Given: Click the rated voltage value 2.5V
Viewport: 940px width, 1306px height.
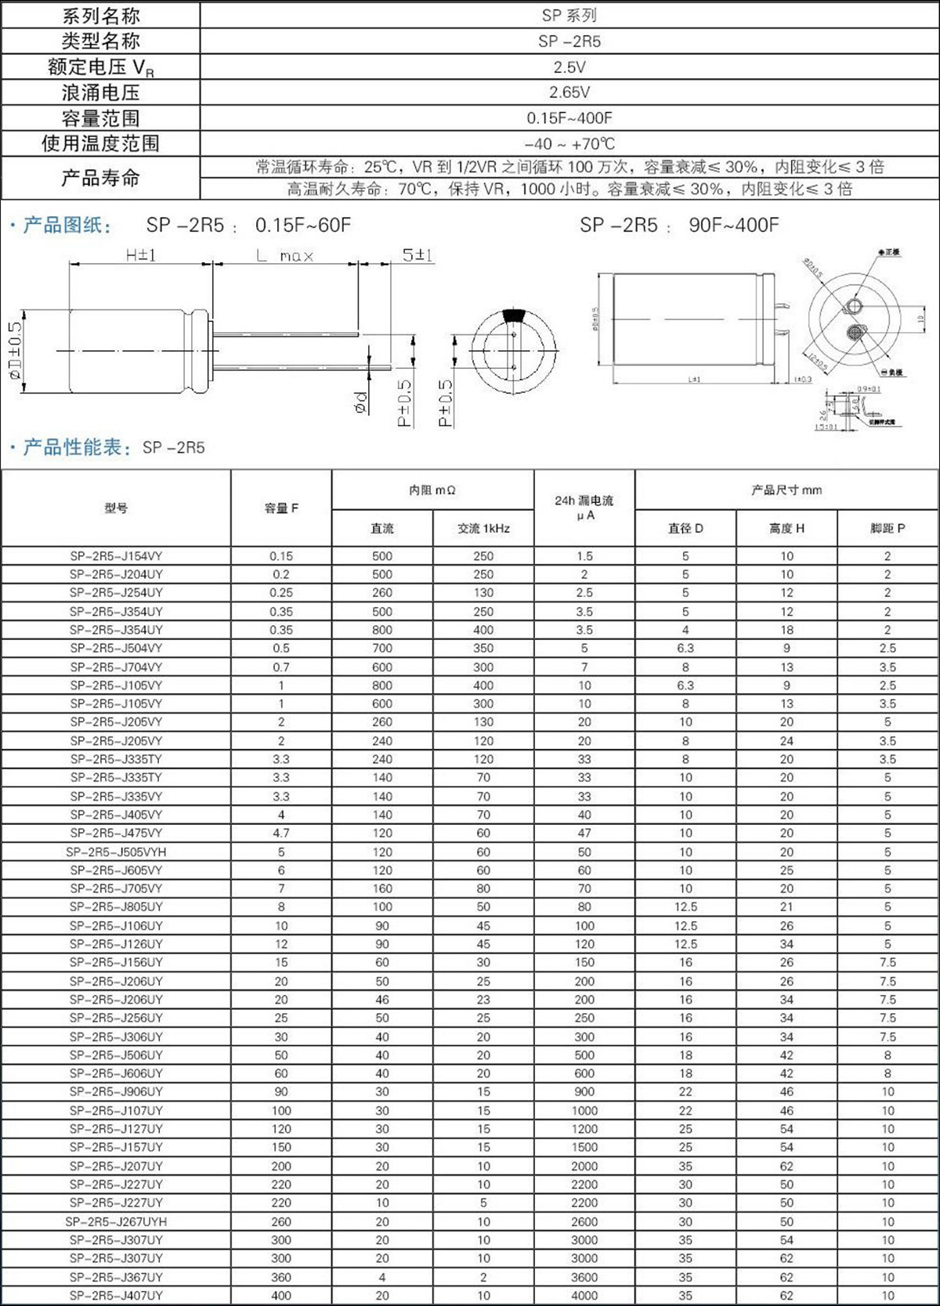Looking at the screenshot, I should pyautogui.click(x=569, y=67).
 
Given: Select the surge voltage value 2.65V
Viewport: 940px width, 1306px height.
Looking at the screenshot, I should pyautogui.click(x=569, y=92).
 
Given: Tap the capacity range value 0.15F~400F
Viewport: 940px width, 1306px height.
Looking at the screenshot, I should pyautogui.click(x=569, y=118).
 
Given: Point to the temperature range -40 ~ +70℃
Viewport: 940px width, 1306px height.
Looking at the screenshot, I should pyautogui.click(x=569, y=144).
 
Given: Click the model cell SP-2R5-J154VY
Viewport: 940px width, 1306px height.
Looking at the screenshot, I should pyautogui.click(x=116, y=556).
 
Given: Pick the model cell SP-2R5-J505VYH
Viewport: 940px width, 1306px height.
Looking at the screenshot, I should pyautogui.click(x=116, y=852).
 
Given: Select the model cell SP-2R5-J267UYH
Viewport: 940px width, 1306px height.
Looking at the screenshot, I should pyautogui.click(x=116, y=1221).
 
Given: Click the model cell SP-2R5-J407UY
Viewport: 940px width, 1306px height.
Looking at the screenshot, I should pyautogui.click(x=116, y=1296).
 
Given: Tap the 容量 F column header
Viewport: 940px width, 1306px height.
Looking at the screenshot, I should pyautogui.click(x=281, y=508).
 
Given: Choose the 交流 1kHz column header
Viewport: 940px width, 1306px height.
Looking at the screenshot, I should pyautogui.click(x=483, y=529).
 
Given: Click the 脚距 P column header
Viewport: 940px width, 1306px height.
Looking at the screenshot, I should pyautogui.click(x=888, y=529).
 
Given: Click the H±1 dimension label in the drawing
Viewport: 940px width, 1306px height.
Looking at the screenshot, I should pyautogui.click(x=141, y=255).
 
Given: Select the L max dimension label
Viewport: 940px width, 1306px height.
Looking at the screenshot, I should pyautogui.click(x=285, y=255).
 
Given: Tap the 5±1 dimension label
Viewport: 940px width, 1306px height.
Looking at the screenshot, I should pyautogui.click(x=418, y=255).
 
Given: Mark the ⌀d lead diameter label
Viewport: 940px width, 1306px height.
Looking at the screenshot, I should pyautogui.click(x=360, y=403).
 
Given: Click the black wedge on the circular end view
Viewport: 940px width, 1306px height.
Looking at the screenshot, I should pyautogui.click(x=514, y=315).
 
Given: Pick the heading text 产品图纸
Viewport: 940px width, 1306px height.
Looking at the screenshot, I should pyautogui.click(x=67, y=226).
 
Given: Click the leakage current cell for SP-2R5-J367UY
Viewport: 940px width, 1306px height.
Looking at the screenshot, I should pyautogui.click(x=584, y=1277).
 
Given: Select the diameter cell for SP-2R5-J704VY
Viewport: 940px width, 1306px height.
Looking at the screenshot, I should pyautogui.click(x=685, y=667).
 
